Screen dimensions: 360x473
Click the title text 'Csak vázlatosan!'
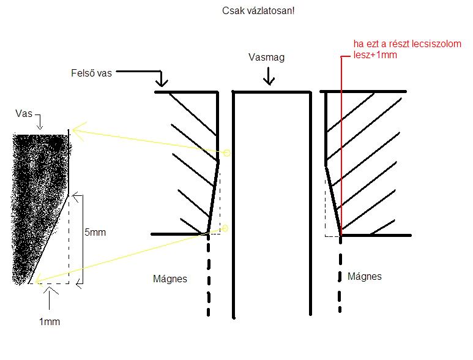(258, 12)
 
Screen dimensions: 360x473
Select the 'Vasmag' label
(267, 58)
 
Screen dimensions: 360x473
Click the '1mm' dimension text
(50, 321)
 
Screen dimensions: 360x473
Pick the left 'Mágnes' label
(169, 279)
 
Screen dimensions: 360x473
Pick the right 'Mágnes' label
(364, 276)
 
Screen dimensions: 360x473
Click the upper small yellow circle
(226, 152)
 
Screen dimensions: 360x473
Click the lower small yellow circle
(224, 228)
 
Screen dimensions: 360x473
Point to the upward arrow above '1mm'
(49, 293)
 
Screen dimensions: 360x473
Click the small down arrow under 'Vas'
(40, 126)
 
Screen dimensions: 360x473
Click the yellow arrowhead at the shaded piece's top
(75, 130)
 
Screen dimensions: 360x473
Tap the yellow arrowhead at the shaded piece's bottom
(39, 280)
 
